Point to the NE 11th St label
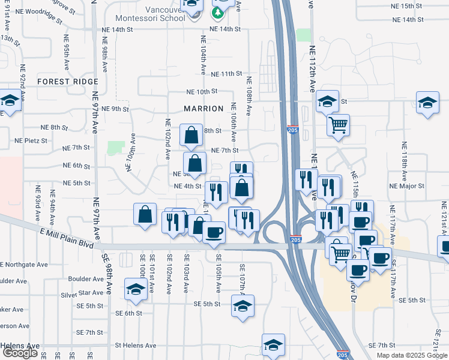(226, 74)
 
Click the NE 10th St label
(201, 92)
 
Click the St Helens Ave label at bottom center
(135, 346)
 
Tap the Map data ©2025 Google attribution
(412, 355)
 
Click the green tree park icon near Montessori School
(217, 12)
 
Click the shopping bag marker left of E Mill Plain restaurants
(145, 215)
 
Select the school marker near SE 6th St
(136, 289)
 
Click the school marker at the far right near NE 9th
(427, 103)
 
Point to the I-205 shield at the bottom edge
(342, 355)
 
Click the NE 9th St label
(116, 109)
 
